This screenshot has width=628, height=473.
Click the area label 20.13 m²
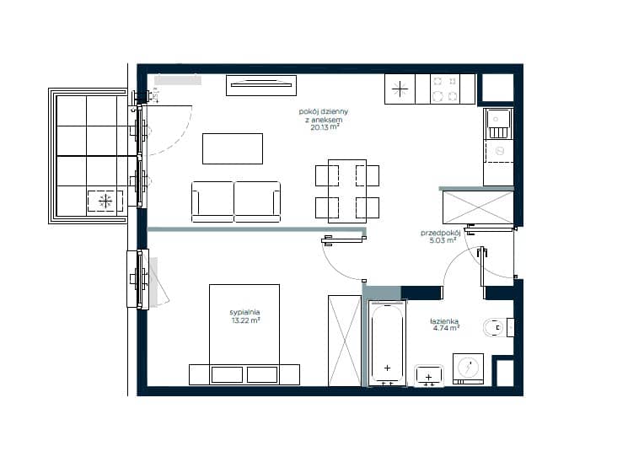[325, 127]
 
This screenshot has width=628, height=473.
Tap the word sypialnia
[244, 312]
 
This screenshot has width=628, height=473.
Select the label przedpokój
[440, 233]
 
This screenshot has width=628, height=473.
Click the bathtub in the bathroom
[387, 343]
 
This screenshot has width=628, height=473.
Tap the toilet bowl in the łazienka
[494, 328]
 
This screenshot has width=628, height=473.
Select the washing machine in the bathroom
[468, 368]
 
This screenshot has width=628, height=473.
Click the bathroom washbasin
[429, 376]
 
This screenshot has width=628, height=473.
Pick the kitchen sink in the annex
[498, 124]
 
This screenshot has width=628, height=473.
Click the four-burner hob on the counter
[445, 89]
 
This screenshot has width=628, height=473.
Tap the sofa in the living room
[236, 202]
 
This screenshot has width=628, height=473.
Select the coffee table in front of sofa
[233, 148]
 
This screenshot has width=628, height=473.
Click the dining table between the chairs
[347, 191]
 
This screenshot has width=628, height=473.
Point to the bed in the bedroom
[244, 335]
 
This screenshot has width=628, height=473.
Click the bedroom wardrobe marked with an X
[345, 341]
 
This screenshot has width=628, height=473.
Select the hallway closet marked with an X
[478, 207]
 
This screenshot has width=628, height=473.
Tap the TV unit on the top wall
[261, 85]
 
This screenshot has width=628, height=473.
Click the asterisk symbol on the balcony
[105, 201]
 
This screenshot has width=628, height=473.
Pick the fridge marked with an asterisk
[400, 89]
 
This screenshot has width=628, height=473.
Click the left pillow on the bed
[227, 375]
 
